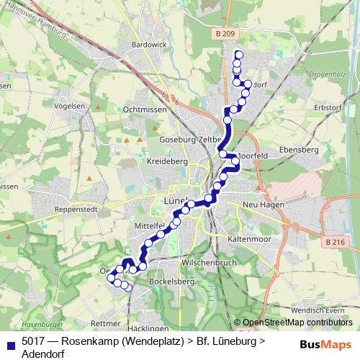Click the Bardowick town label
tap(149, 45)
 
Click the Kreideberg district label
tap(167, 163)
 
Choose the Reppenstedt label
tap(77, 211)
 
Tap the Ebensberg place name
tap(299, 150)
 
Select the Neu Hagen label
tap(265, 204)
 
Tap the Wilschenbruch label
tap(210, 263)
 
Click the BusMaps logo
tap(325, 343)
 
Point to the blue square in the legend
tap(10, 343)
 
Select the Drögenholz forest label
tap(328, 74)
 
